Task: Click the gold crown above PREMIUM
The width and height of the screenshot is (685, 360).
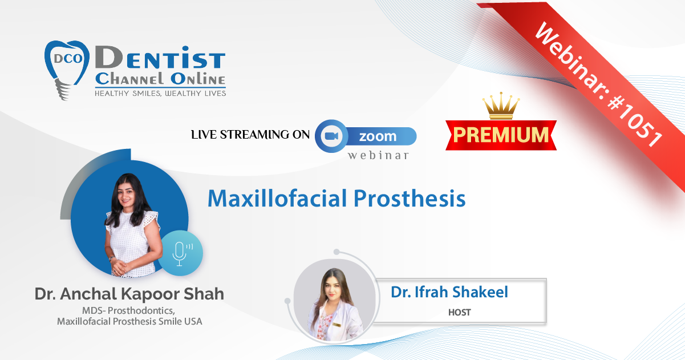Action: tap(501, 106)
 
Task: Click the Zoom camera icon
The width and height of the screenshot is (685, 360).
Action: tap(331, 136)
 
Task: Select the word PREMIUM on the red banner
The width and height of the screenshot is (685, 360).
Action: tap(501, 135)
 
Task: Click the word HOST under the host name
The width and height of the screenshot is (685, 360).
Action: tap(459, 312)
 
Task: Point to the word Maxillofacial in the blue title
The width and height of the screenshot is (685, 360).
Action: tap(277, 199)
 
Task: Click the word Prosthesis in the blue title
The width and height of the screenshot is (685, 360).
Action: tap(410, 199)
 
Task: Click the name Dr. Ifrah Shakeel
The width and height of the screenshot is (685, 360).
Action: tap(449, 292)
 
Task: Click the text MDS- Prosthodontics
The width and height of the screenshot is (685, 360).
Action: tap(128, 310)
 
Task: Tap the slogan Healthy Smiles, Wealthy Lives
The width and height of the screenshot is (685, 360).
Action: tap(160, 94)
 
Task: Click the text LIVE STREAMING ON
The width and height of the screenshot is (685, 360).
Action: tap(250, 135)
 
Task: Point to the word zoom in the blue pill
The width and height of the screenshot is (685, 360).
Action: tap(378, 136)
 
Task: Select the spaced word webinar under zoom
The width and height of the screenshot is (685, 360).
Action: tap(378, 155)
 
